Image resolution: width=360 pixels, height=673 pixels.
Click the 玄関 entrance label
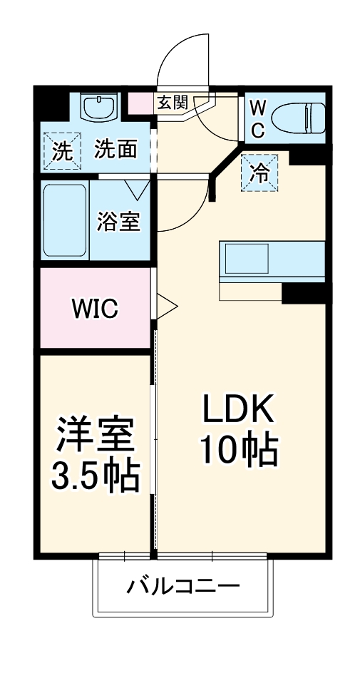(172, 103)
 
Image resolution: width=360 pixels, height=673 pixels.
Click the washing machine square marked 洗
(63, 150)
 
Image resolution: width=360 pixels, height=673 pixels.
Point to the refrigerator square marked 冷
(259, 173)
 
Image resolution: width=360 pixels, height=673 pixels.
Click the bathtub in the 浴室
(65, 221)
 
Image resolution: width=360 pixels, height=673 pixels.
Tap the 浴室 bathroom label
(119, 221)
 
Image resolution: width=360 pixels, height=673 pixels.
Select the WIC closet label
(94, 309)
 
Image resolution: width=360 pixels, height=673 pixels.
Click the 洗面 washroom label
(116, 150)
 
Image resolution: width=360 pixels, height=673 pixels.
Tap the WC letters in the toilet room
(258, 118)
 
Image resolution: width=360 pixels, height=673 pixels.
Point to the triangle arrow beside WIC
(166, 307)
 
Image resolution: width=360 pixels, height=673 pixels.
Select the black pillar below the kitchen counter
(303, 292)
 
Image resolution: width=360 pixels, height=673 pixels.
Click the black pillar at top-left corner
(50, 103)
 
